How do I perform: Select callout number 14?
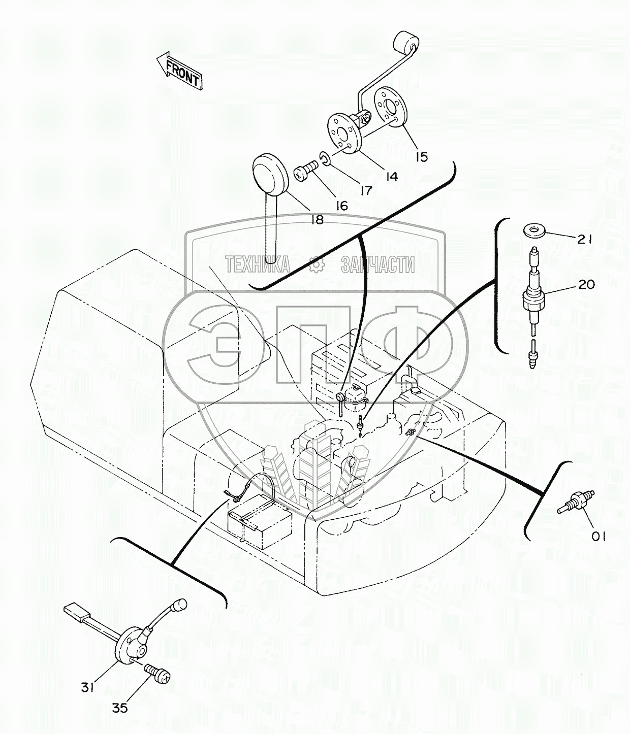[391, 176]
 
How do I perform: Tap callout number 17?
[365, 190]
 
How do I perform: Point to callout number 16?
[341, 206]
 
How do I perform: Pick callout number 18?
[317, 220]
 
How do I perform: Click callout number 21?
[584, 239]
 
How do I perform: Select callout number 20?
[586, 285]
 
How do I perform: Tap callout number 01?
[597, 537]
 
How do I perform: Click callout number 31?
[87, 687]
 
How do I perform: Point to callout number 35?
[120, 708]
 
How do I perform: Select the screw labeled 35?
[158, 673]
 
